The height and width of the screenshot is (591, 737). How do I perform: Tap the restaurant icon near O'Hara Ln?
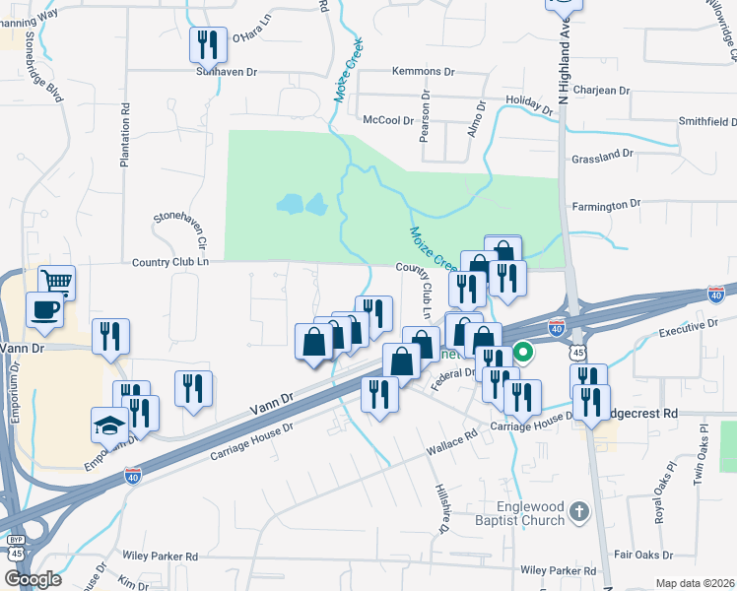coord(208,45)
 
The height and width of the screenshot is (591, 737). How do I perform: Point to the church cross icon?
coord(579,511)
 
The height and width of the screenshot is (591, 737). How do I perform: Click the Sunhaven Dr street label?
coord(226,72)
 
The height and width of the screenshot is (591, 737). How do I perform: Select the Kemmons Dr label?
coord(423,72)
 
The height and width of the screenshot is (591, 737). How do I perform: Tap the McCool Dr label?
coord(387,120)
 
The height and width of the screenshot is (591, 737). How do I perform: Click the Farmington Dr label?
coord(607,205)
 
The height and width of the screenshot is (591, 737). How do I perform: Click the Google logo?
coord(33,579)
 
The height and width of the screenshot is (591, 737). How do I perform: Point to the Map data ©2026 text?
coord(695,583)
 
